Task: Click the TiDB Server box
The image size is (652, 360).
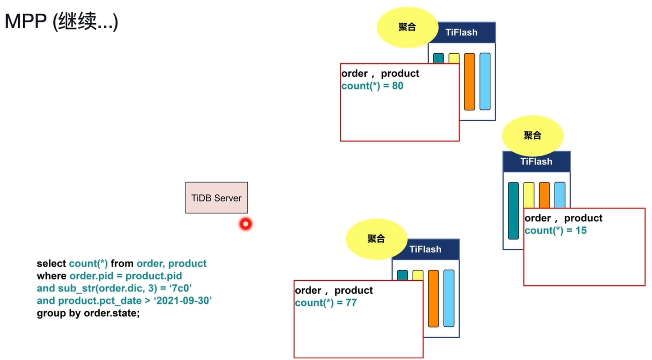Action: coord(217,198)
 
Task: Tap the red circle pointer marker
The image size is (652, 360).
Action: coord(246,224)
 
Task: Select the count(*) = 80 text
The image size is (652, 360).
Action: coord(372,86)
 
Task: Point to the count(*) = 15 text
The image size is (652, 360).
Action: coord(556,230)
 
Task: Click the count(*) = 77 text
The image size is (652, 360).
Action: coord(326,303)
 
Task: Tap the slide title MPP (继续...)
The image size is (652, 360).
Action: coord(61,21)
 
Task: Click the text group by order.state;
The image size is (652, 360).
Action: coord(88,313)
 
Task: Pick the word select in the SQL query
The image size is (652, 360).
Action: coord(51,264)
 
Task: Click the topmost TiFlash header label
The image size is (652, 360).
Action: coord(462,32)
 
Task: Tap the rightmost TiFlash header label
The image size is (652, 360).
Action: coord(536,162)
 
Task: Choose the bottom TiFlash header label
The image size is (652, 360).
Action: coord(425,249)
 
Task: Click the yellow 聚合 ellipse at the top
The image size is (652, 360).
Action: coord(408,27)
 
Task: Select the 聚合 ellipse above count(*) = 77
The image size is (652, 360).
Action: coord(376,239)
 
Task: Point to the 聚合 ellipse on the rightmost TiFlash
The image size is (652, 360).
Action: coord(533,136)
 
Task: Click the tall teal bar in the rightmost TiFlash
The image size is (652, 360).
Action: coord(513,211)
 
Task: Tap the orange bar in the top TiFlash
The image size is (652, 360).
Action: coord(470,81)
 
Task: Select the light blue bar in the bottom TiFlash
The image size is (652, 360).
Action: coord(449,298)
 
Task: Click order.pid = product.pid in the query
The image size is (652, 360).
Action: coord(126,276)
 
